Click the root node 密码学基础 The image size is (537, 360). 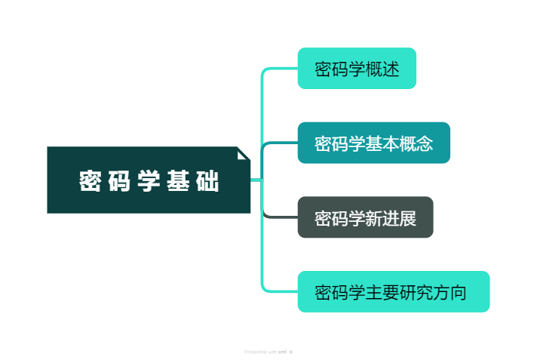click(149, 180)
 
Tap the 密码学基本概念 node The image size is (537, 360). click(373, 143)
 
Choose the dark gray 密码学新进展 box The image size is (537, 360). click(365, 217)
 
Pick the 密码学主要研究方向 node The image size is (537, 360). click(393, 291)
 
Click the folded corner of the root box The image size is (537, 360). click(244, 153)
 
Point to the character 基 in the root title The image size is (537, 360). click(178, 181)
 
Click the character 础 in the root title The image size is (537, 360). click(207, 181)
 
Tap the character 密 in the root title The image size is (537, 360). click(91, 181)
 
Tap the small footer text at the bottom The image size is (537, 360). click(268, 352)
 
